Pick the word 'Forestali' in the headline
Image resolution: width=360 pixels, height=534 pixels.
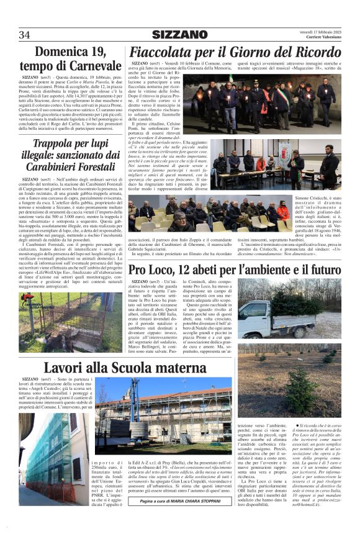91,167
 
